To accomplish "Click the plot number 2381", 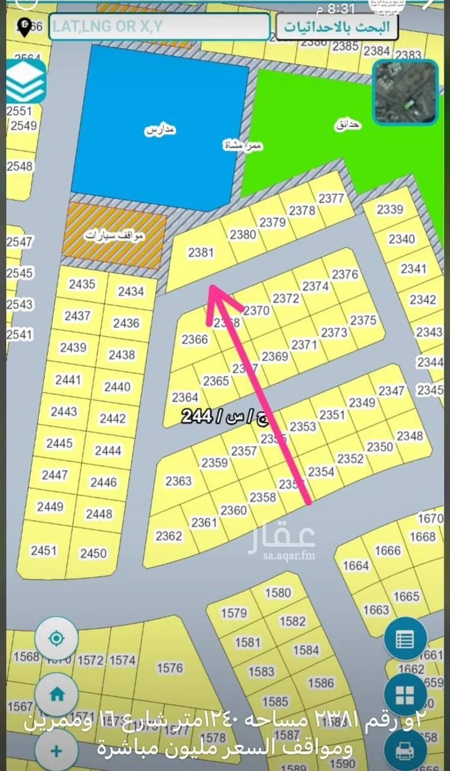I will click(x=201, y=252).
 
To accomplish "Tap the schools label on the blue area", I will click(x=160, y=130).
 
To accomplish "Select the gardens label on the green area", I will click(x=348, y=124).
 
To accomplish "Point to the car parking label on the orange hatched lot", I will click(x=115, y=235).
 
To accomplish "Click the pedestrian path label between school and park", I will click(x=243, y=145).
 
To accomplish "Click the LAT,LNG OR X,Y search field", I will click(x=159, y=27).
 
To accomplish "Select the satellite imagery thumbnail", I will click(x=405, y=92).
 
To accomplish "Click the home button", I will click(x=57, y=694).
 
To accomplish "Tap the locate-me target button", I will click(x=56, y=639).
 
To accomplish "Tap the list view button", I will click(x=405, y=639).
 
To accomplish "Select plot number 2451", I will click(x=44, y=550).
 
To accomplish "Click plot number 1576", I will click(x=170, y=668).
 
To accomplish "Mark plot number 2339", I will click(x=390, y=209).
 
